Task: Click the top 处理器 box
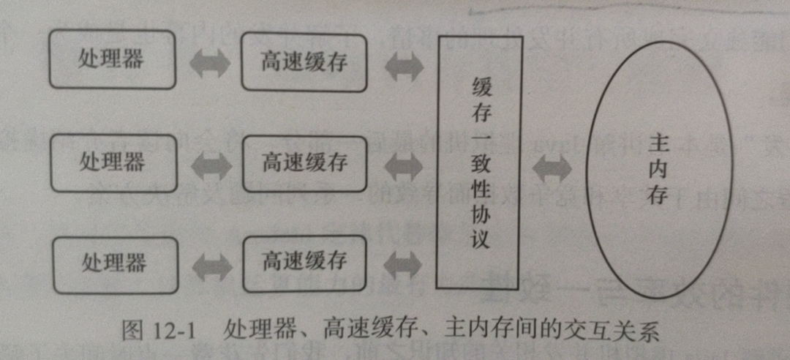tap(112, 59)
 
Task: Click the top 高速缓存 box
tap(304, 62)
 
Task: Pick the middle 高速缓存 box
tap(304, 162)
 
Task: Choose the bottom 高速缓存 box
tap(304, 261)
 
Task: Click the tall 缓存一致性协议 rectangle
tap(479, 161)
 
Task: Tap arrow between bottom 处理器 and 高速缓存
tap(210, 262)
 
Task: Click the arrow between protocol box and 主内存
tap(552, 168)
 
